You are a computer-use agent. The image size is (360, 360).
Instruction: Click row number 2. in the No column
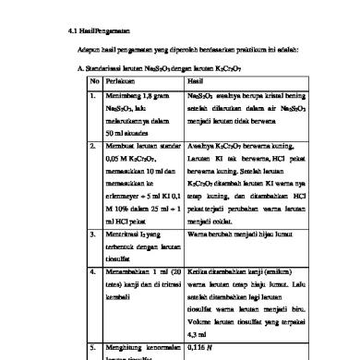tap(90, 172)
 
